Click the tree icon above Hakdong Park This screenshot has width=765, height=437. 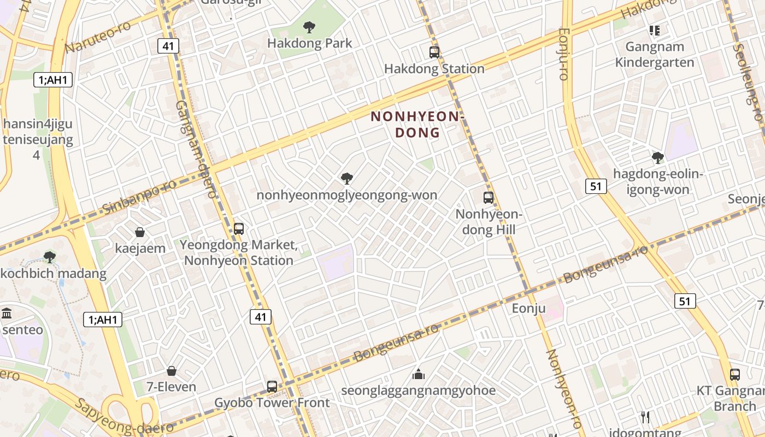[x=309, y=27]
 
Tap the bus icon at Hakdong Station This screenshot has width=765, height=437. [x=434, y=52]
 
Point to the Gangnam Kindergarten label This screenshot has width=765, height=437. [x=655, y=55]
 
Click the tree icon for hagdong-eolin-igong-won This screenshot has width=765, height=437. [x=658, y=158]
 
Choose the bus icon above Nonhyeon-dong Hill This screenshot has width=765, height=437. [x=489, y=198]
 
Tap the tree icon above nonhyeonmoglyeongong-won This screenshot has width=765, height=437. [x=346, y=178]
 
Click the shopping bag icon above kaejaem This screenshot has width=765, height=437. [x=140, y=232]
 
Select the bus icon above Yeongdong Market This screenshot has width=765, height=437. [x=239, y=228]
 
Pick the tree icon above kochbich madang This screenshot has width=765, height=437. [x=50, y=257]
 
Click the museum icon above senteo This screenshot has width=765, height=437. [x=7, y=314]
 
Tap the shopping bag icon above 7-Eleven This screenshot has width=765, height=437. [x=172, y=371]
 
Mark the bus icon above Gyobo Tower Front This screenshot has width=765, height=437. [x=272, y=386]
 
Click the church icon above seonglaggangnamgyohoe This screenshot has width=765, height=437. [x=419, y=374]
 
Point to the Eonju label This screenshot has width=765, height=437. [x=528, y=309]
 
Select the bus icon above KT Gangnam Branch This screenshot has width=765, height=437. [x=735, y=375]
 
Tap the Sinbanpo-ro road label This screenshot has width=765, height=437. [x=139, y=196]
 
